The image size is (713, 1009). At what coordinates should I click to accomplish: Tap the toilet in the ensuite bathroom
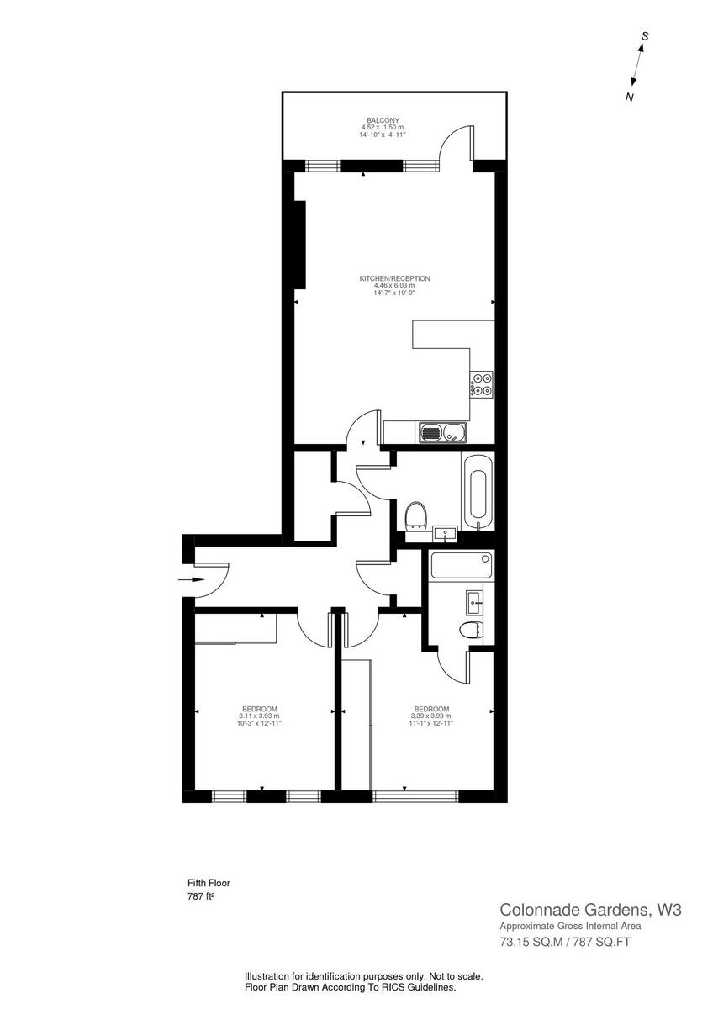pyautogui.click(x=472, y=631)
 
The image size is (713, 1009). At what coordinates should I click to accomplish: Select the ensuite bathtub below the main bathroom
pyautogui.click(x=460, y=566)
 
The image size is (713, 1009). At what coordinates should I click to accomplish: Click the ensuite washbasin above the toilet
pyautogui.click(x=473, y=600)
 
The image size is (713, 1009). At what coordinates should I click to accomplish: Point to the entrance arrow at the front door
pyautogui.click(x=193, y=580)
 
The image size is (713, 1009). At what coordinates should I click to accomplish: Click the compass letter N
pyautogui.click(x=629, y=98)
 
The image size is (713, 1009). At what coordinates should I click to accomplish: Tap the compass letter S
pyautogui.click(x=645, y=36)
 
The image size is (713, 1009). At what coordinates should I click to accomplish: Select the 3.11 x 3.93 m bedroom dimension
pyautogui.click(x=259, y=716)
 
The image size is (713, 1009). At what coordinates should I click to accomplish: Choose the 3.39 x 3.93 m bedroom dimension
pyautogui.click(x=430, y=716)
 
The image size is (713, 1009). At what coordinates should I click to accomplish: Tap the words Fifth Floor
pyautogui.click(x=209, y=883)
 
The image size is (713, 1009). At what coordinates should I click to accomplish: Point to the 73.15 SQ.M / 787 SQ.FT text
pyautogui.click(x=565, y=942)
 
